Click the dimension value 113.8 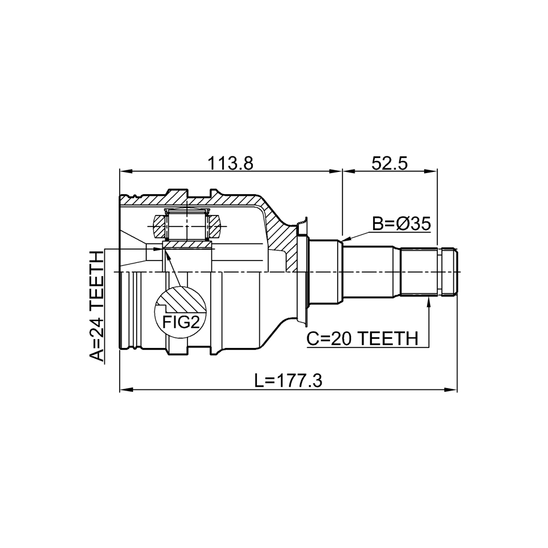coord(230,164)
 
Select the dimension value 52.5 coord(389,164)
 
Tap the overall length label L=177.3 coord(289,381)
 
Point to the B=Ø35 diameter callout coord(401,224)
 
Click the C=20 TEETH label coord(362,338)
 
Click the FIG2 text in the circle coord(181,322)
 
